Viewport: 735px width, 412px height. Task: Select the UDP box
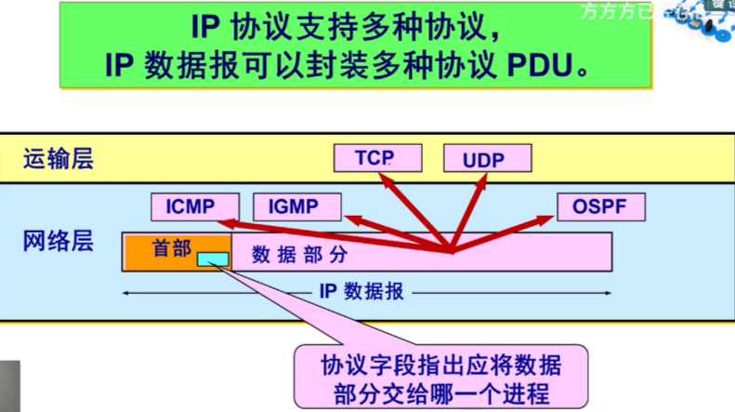(483, 159)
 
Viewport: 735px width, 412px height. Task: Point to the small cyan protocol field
(211, 260)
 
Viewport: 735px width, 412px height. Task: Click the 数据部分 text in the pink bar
(310, 252)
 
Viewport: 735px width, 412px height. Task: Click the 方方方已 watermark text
(612, 12)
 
